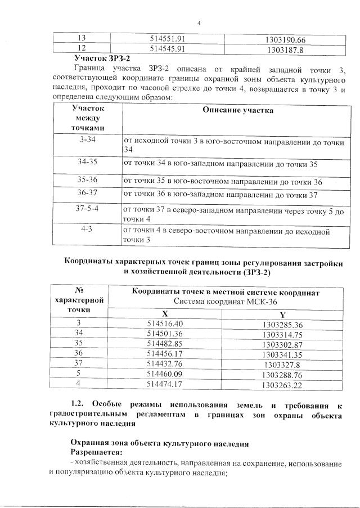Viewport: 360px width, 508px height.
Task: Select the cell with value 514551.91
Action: [x=168, y=39]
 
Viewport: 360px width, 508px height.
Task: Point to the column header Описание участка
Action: [x=238, y=110]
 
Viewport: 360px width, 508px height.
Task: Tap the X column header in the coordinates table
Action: [x=165, y=313]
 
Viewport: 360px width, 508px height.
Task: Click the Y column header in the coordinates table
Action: [x=282, y=314]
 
